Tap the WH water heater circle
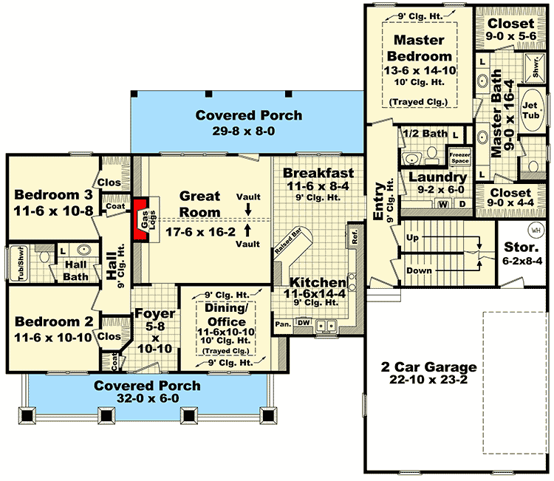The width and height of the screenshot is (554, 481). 536,229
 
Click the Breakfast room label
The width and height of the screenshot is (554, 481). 318,173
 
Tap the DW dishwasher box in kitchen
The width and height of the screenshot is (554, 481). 303,323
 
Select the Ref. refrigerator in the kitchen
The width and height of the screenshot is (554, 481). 354,238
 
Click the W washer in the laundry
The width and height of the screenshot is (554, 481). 443,203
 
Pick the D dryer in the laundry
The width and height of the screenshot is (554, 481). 462,203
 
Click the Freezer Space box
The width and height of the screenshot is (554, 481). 460,157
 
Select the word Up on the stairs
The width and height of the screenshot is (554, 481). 412,238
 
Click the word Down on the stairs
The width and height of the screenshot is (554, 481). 418,270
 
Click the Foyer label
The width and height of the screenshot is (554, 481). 155,314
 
